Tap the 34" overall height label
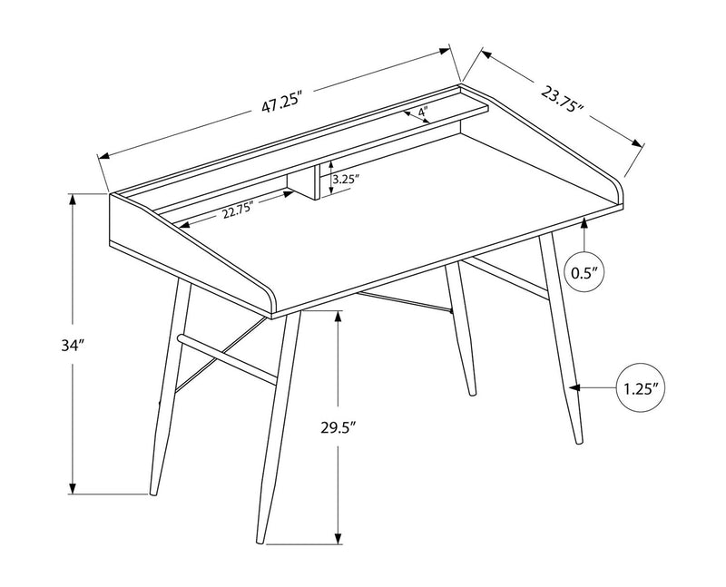(x=48, y=346)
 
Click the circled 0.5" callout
(x=585, y=271)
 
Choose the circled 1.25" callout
(x=642, y=388)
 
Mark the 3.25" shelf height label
(x=347, y=180)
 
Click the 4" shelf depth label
(x=423, y=113)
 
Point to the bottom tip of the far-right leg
(x=578, y=441)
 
